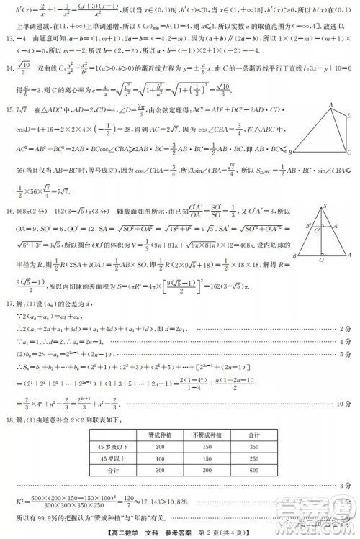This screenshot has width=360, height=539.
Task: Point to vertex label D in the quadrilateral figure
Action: point(351,114)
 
